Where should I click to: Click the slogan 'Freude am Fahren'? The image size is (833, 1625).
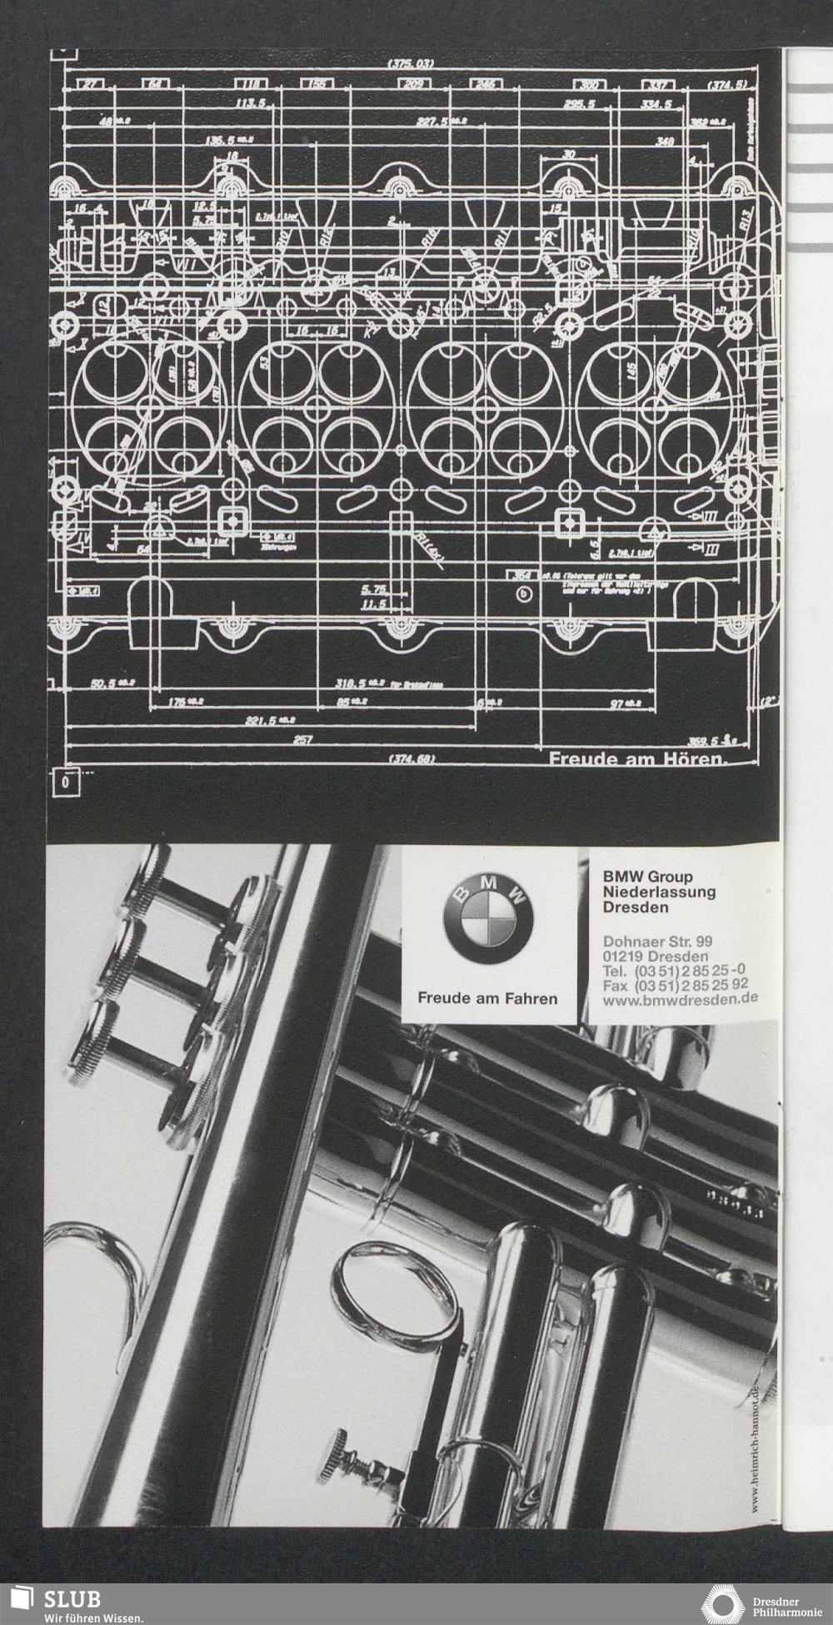click(x=487, y=997)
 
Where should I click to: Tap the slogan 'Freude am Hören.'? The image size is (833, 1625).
click(x=637, y=759)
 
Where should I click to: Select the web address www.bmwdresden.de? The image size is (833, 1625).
click(x=680, y=998)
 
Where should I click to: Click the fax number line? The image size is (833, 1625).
click(x=675, y=984)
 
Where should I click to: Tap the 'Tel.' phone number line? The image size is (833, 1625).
click(x=673, y=970)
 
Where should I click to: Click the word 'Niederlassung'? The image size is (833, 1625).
click(x=659, y=892)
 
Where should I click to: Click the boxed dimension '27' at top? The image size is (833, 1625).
click(x=91, y=83)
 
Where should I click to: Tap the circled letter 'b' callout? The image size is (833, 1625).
click(x=523, y=594)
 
